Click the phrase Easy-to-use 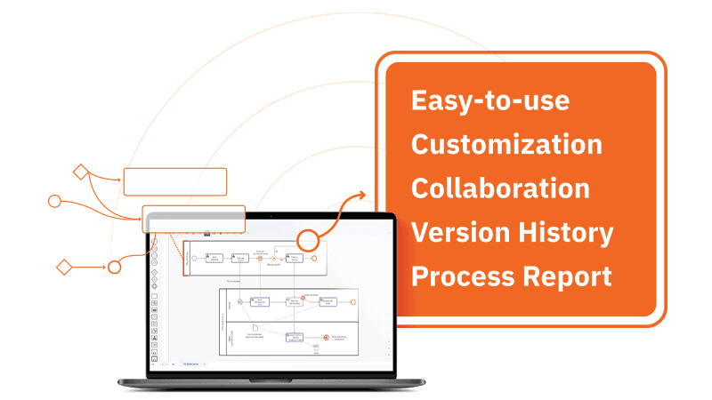tap(489, 100)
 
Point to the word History tap(566, 232)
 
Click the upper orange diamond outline tap(81, 172)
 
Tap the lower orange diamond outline tap(63, 266)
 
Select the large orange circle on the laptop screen tap(308, 240)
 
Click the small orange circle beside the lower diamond tap(114, 267)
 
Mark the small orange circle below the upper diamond tap(54, 201)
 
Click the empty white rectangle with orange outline tap(174, 181)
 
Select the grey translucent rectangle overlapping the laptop tap(193, 219)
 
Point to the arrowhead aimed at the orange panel tap(360, 195)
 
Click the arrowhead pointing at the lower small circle tap(101, 266)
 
